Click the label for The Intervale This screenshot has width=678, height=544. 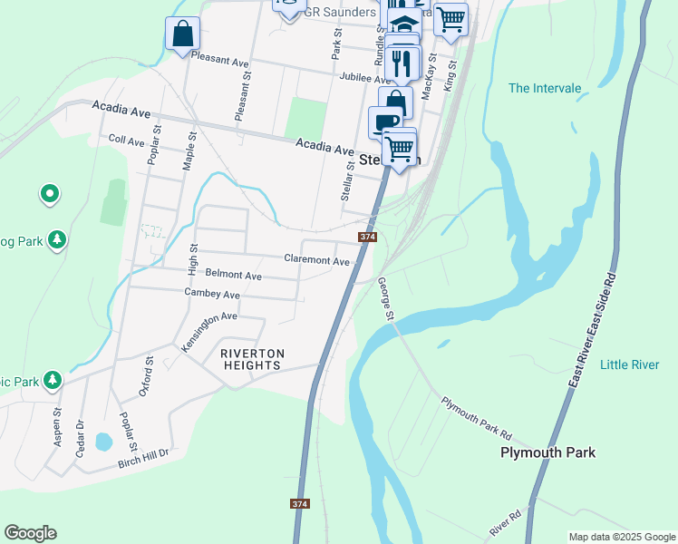544,88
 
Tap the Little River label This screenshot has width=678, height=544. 629,364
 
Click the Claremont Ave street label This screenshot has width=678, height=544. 316,260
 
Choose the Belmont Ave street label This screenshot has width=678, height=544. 233,275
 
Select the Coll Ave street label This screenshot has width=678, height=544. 126,141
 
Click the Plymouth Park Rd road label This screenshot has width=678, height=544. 477,416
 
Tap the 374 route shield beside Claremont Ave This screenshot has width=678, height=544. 367,237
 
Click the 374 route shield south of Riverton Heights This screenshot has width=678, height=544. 300,503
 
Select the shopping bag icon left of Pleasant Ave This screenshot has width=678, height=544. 182,34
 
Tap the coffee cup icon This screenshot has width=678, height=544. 384,122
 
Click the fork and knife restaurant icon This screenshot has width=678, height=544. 400,63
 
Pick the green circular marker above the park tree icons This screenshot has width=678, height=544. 50,193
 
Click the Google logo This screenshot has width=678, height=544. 30,533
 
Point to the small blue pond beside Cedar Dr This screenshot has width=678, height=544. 102,442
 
